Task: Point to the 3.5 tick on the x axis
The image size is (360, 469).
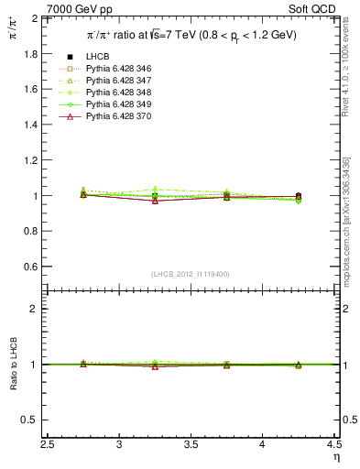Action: pyautogui.click(x=191, y=446)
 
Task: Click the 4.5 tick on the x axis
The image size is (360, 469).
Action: pyautogui.click(x=333, y=446)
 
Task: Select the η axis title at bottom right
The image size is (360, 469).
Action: pyautogui.click(x=335, y=457)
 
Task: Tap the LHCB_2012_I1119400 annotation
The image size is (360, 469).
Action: pyautogui.click(x=191, y=274)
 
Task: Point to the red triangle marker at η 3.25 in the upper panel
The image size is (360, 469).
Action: pyautogui.click(x=155, y=200)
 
